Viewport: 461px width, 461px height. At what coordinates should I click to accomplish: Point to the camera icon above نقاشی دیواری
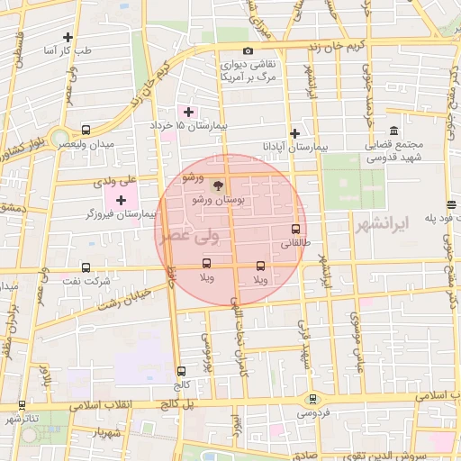coord(248,51)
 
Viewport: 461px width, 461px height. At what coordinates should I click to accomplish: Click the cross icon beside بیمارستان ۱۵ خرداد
coord(187,112)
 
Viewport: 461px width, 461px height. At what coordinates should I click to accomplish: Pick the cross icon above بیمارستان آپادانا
coord(294,132)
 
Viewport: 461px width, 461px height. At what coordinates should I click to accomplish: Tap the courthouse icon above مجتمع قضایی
coord(395,131)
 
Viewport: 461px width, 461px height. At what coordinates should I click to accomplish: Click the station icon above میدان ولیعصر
coord(86,130)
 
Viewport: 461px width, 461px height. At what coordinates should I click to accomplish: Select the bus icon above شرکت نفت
coord(86,267)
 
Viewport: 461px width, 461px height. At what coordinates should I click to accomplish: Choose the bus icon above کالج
coord(182,370)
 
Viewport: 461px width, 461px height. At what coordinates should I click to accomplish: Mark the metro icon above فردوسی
coord(312,399)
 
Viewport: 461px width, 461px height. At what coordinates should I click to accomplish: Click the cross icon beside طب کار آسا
coord(68,37)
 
